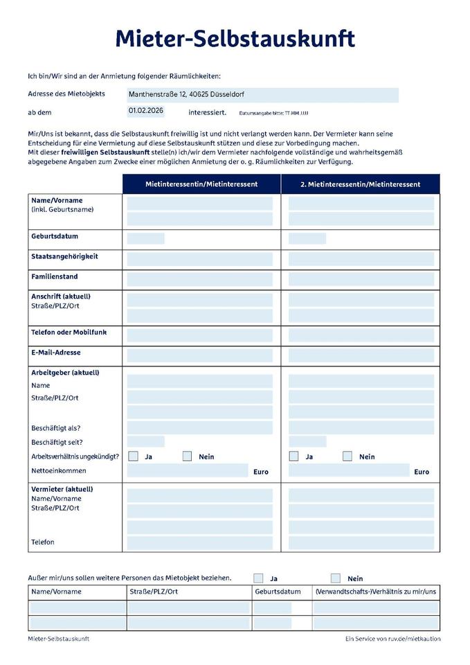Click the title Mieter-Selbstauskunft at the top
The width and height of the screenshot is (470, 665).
tap(235, 39)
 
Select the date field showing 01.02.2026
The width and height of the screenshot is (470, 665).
tap(146, 111)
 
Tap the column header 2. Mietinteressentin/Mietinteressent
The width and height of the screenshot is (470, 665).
tap(360, 184)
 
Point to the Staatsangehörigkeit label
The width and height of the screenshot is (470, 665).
tap(64, 257)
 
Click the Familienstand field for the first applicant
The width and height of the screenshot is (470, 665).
tap(199, 279)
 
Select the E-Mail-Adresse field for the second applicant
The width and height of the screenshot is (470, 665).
tap(361, 355)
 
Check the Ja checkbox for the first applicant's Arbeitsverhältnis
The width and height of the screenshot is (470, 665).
tap(134, 456)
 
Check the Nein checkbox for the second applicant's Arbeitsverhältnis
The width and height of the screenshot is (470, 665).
tap(347, 456)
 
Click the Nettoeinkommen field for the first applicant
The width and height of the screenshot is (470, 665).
tap(187, 471)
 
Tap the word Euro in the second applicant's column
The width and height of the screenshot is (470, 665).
tap(422, 472)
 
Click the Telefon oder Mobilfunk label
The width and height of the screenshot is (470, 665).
tap(69, 332)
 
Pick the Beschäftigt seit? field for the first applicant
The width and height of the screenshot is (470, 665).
tap(145, 441)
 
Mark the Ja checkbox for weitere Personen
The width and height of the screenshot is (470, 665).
tap(258, 578)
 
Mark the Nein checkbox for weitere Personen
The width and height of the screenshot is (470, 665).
tap(336, 578)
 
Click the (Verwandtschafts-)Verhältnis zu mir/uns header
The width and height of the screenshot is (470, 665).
tap(376, 592)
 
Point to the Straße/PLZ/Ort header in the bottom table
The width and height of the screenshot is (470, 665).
tap(154, 592)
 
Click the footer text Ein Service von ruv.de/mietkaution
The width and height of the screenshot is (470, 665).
tap(392, 639)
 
